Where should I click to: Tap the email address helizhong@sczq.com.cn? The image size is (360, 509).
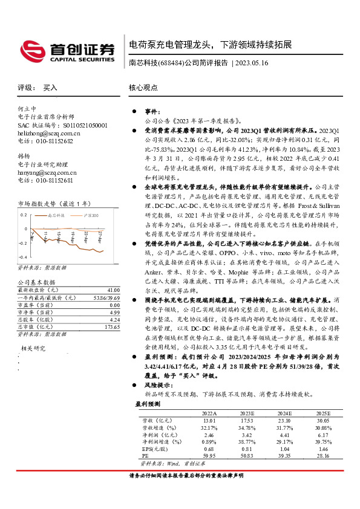(x=48, y=133)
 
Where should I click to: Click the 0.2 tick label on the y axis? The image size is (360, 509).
(x=24, y=215)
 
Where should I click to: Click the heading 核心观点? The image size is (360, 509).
(x=143, y=88)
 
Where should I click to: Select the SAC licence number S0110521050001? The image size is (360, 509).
(x=80, y=125)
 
